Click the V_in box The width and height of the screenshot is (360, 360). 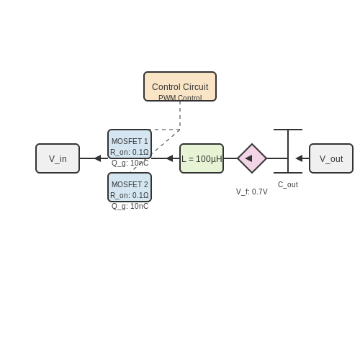[x=58, y=158]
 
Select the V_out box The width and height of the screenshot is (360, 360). [x=331, y=158]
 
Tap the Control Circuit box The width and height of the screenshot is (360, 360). [x=180, y=86]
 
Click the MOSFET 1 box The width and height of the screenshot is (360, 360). [x=130, y=144]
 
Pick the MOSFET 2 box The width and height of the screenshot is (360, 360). [x=130, y=187]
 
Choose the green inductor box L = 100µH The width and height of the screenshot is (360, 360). [x=202, y=158]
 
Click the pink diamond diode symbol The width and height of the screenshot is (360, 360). [x=252, y=158]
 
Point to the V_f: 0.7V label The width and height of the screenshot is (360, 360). [x=252, y=192]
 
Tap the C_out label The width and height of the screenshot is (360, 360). [x=288, y=184]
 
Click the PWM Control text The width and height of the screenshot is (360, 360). [x=180, y=98]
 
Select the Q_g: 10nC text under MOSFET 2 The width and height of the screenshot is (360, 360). [x=130, y=206]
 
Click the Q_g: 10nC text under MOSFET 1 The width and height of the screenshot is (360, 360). [x=130, y=163]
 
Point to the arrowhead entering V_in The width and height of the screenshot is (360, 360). [x=98, y=158]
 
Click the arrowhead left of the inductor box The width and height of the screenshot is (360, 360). [x=169, y=158]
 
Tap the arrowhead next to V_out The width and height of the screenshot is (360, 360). [x=299, y=158]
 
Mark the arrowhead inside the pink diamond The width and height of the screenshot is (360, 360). [x=248, y=158]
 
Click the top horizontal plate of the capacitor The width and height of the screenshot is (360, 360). [x=288, y=130]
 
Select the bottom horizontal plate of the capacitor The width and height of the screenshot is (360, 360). [x=288, y=173]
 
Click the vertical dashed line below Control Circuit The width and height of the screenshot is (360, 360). [x=180, y=115]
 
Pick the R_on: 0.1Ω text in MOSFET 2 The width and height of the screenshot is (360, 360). [x=130, y=195]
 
